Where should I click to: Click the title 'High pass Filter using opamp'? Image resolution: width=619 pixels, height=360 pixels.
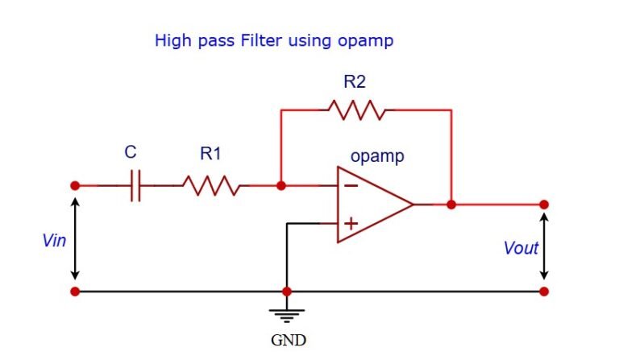[x=274, y=39]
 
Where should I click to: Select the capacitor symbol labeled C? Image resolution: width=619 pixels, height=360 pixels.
[x=135, y=186]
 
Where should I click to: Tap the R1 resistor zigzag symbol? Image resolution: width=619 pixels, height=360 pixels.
[x=210, y=186]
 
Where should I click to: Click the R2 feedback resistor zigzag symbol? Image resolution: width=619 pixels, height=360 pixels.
[x=355, y=110]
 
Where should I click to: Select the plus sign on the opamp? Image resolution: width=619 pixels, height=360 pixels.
[x=351, y=223]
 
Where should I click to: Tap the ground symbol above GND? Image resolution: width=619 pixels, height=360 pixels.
[x=287, y=316]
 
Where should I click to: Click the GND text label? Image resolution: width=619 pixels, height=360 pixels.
[x=288, y=340]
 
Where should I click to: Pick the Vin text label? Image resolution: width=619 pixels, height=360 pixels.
[x=54, y=240]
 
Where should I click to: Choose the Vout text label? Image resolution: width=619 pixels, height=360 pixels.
[x=520, y=248]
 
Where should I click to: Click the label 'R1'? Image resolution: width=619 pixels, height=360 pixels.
[x=210, y=154]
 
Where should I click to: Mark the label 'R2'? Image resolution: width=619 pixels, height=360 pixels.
[x=355, y=81]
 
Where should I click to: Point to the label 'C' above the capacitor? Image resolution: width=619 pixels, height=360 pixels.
[x=131, y=153]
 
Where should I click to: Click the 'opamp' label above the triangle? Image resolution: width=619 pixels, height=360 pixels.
[x=377, y=155]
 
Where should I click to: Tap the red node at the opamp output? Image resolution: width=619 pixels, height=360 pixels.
[x=451, y=205]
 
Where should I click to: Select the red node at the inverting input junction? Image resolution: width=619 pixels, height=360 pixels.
[x=280, y=186]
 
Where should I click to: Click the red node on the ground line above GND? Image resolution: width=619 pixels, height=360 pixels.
[x=287, y=291]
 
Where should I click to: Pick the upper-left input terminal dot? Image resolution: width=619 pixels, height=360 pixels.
[x=75, y=185]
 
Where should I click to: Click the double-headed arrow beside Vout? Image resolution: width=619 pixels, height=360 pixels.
[x=544, y=246]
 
